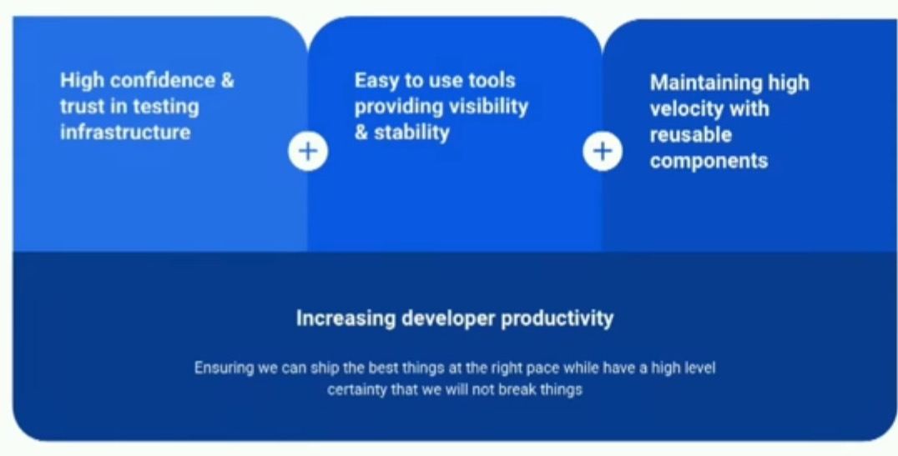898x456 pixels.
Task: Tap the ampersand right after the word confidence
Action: click(x=227, y=80)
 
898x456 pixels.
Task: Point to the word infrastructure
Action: click(x=125, y=133)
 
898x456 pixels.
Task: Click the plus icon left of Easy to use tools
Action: click(x=308, y=152)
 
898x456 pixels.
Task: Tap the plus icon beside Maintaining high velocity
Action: click(x=603, y=152)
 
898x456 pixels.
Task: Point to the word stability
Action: click(x=411, y=133)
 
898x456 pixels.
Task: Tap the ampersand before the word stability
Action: click(x=361, y=133)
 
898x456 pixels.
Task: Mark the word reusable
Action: click(x=691, y=135)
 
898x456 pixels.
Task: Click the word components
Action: click(x=709, y=162)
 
